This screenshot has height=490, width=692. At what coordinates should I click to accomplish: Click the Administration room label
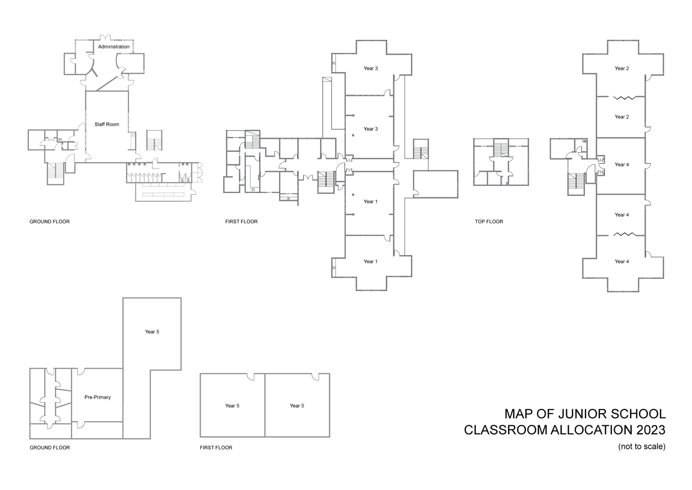pos(114,47)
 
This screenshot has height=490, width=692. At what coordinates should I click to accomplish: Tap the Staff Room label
pos(107,125)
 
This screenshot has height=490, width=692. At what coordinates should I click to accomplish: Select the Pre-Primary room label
pos(98,397)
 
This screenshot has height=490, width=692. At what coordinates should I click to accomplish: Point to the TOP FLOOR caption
pos(489,222)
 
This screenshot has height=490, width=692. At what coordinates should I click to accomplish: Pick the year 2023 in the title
pos(647,430)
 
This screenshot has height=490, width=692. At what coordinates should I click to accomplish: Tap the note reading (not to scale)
pos(641,447)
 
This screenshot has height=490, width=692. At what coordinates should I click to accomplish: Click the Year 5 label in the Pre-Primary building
pos(152,332)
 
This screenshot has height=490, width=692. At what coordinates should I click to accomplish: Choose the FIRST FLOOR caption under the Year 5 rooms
pos(216,448)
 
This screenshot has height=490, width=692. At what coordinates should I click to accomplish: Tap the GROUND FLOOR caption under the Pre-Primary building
pos(50,448)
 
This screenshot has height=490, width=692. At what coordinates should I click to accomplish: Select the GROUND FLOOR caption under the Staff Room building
pos(49,222)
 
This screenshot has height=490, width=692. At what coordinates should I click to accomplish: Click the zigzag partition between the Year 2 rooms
pos(625,98)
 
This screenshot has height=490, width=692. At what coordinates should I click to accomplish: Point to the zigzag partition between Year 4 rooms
pos(625,234)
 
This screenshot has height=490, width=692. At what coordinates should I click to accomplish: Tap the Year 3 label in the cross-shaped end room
pos(371,68)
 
